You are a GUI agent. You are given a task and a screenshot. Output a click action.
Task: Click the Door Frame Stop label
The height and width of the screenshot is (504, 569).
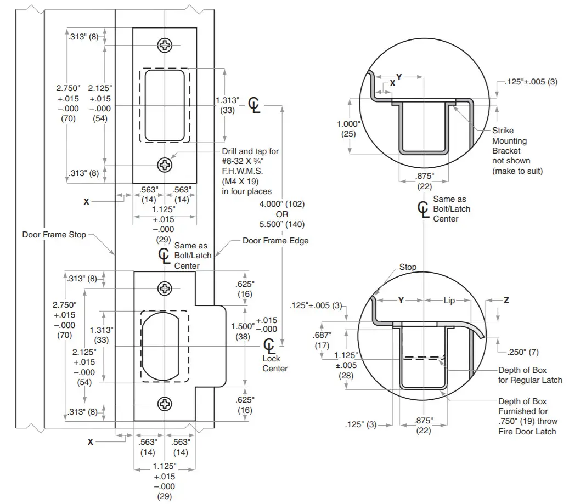54,235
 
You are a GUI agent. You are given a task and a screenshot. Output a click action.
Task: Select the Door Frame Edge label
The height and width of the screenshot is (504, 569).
275,241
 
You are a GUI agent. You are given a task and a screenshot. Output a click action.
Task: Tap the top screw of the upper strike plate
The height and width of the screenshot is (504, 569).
165,46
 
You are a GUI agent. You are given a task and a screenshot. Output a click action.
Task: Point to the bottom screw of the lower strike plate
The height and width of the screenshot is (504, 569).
165,404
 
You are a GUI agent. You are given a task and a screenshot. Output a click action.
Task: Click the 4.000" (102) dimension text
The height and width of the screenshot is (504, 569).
282,204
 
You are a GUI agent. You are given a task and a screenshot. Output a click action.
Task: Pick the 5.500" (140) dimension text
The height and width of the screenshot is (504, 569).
282,224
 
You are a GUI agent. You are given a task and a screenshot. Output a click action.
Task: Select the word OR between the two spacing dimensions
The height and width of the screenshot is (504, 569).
282,214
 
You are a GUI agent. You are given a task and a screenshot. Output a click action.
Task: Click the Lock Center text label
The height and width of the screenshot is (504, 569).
275,364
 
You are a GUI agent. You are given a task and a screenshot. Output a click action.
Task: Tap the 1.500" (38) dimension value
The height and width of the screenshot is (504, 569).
244,331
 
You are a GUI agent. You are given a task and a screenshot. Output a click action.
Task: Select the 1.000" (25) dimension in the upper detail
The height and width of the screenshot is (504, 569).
348,129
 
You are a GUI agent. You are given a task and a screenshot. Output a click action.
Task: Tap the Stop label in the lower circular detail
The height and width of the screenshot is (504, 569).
408,267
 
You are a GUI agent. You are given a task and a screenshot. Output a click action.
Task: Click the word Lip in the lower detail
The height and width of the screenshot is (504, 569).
449,301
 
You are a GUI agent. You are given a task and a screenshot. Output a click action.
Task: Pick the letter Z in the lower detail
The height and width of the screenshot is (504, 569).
506,301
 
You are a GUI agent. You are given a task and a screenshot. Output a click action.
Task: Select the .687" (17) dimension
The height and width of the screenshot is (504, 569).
322,340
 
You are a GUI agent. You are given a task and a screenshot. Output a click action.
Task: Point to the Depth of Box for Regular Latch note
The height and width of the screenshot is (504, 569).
529,375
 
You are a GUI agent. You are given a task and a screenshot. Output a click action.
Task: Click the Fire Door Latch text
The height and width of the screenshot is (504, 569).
527,431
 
